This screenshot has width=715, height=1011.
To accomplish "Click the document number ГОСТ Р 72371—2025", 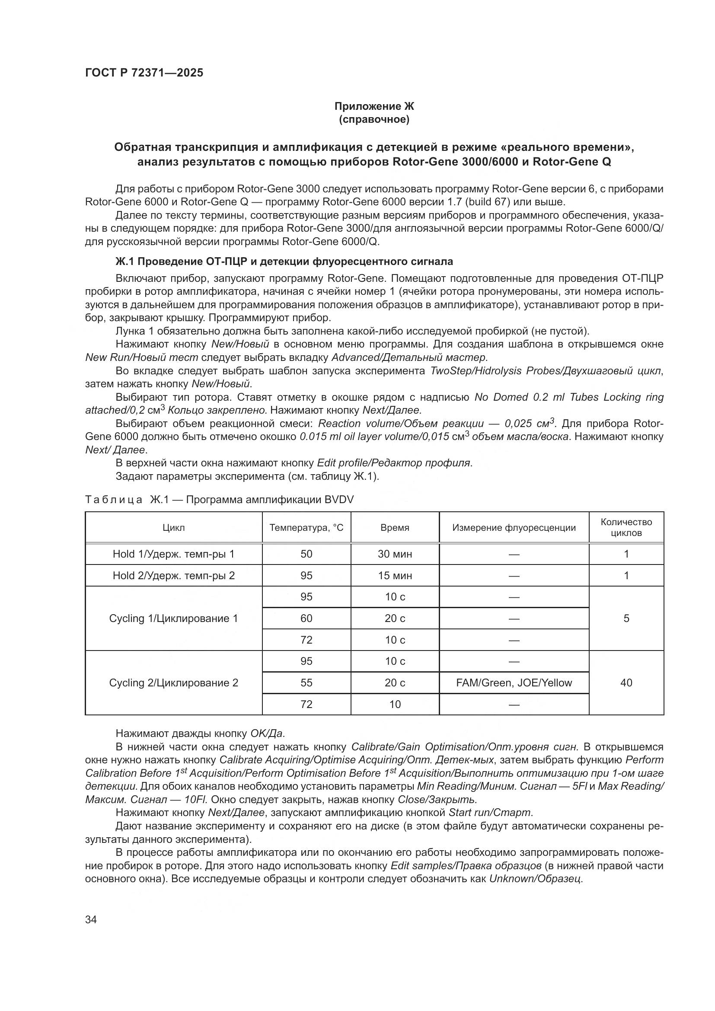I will tap(144, 73).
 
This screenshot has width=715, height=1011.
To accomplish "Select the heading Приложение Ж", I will tap(374, 106).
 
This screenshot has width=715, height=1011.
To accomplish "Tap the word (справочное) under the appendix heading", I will tap(374, 120).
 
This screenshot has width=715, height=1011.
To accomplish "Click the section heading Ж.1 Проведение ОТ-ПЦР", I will tap(284, 262).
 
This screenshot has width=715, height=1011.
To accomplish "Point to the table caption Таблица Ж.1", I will tap(219, 499).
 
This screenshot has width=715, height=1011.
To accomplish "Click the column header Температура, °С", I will tap(306, 527).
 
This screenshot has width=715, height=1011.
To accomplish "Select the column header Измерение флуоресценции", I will tap(514, 527).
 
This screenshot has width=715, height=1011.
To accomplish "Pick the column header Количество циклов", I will tap(626, 527).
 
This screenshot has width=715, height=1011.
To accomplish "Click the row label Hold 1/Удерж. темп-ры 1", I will tap(173, 554).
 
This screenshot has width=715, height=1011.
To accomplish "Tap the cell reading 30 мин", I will tap(395, 554).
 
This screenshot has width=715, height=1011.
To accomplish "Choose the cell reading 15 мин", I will tap(395, 575).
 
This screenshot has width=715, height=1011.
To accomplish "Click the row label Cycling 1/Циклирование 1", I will tap(173, 618).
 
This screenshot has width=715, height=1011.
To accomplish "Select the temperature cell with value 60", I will tap(306, 618).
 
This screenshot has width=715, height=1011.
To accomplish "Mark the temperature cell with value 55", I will tap(306, 683).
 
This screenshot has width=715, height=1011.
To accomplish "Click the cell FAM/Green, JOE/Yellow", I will tap(514, 683).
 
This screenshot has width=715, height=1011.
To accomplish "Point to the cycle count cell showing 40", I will tap(626, 683).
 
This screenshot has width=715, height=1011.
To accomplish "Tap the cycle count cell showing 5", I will tap(626, 618).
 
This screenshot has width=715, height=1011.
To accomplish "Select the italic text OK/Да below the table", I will tap(267, 734).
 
